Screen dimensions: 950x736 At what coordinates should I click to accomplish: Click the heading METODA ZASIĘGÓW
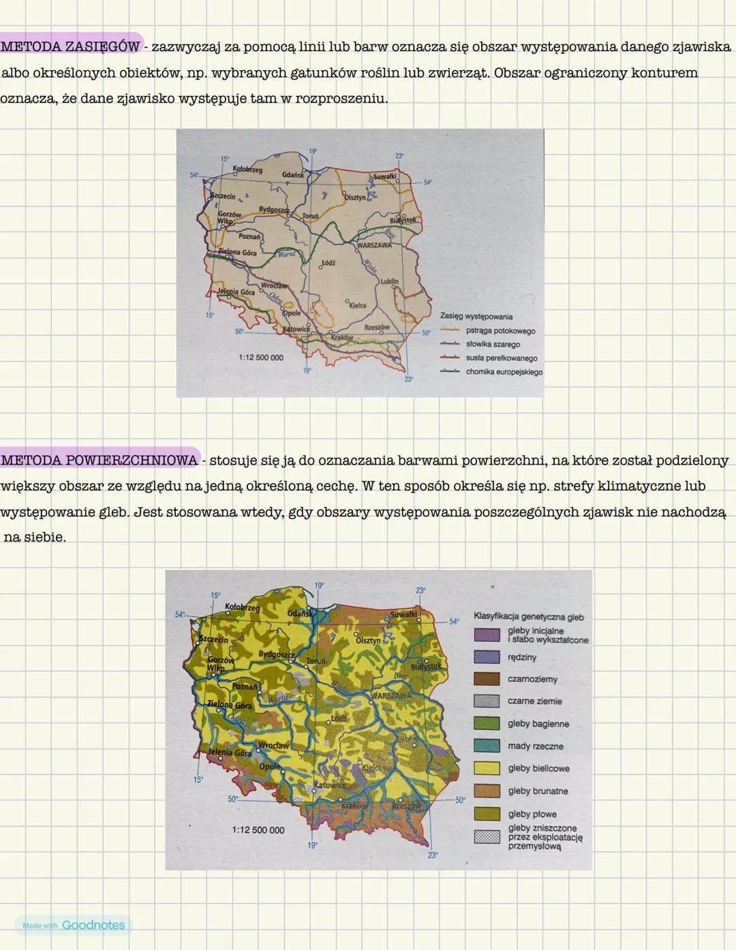[70, 46]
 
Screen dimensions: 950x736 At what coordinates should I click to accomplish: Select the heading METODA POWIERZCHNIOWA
[99, 460]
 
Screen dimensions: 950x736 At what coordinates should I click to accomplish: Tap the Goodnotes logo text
[93, 925]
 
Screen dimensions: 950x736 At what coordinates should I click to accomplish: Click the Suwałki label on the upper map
[385, 176]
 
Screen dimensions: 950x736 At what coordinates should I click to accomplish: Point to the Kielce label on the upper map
[357, 305]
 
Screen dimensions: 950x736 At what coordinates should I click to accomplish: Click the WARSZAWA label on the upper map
[374, 245]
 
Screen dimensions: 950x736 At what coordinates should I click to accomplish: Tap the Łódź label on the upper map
[328, 262]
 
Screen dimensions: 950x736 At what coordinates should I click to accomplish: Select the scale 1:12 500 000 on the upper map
[261, 357]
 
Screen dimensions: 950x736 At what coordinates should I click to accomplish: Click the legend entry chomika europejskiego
[504, 372]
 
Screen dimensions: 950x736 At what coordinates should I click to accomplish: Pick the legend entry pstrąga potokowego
[500, 331]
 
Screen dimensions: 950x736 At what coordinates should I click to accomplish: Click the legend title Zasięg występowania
[476, 317]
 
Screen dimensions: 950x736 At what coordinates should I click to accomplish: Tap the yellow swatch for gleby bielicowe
[487, 768]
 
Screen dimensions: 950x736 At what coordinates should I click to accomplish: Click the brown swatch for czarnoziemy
[487, 679]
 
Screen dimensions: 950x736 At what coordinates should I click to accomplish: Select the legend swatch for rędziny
[487, 657]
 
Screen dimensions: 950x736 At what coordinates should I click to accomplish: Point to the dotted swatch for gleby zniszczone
[487, 837]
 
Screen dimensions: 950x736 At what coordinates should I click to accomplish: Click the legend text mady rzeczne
[535, 746]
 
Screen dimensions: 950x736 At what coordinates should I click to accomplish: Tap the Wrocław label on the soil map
[273, 746]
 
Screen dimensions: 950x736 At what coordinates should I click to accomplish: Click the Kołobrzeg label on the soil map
[242, 607]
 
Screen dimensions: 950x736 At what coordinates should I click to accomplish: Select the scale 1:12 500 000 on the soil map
[258, 830]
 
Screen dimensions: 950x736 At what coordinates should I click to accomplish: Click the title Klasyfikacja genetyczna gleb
[528, 617]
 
